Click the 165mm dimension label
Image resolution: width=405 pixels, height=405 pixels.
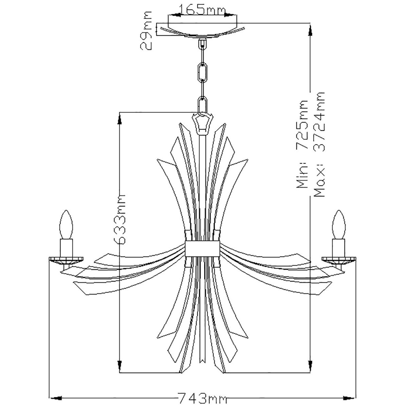pyautogui.click(x=202, y=10)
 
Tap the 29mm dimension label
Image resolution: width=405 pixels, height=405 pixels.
pyautogui.click(x=146, y=31)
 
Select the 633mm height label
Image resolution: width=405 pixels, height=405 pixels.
pyautogui.click(x=120, y=219)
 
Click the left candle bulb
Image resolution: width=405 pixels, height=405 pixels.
pyautogui.click(x=66, y=225)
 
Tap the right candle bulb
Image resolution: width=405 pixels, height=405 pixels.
pyautogui.click(x=339, y=225)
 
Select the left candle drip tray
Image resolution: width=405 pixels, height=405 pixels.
pyautogui.click(x=66, y=260)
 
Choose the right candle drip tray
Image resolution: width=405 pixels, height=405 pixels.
pyautogui.click(x=339, y=260)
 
